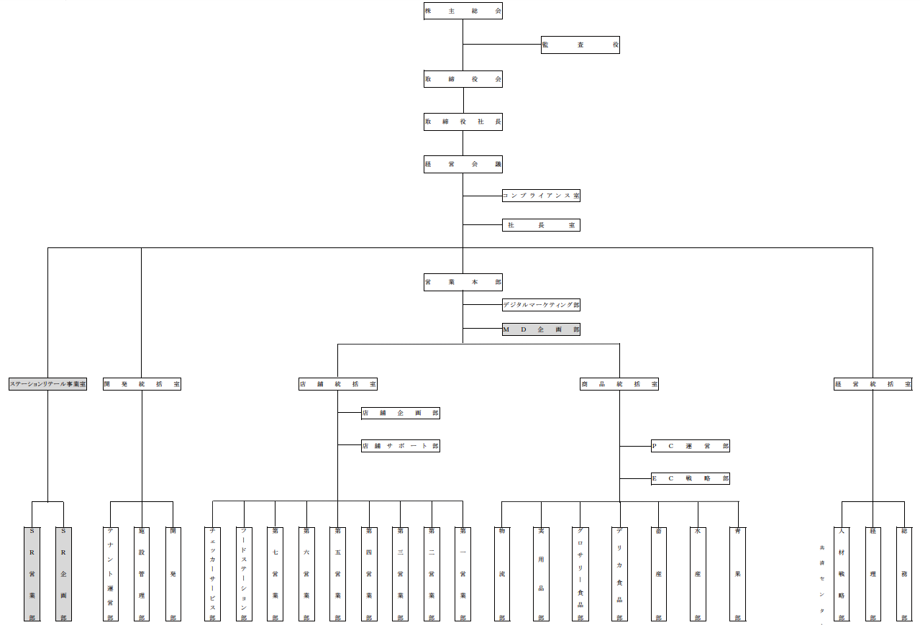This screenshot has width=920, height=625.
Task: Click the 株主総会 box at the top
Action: tap(463, 11)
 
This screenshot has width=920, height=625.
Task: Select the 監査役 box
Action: tap(580, 45)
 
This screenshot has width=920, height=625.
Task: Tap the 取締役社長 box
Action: tap(463, 122)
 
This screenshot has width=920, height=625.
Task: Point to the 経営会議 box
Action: tap(463, 165)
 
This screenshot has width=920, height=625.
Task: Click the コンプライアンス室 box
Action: tap(541, 195)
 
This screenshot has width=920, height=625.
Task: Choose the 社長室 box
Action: tap(541, 225)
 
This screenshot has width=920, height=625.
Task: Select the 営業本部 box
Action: tap(463, 283)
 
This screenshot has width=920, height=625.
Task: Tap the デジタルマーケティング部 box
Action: tap(541, 305)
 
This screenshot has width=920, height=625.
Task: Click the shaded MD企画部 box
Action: tap(541, 329)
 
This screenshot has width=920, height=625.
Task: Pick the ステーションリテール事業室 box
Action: tap(47, 384)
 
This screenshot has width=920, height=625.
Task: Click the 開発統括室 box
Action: tap(142, 384)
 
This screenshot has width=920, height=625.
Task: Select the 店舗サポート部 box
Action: tap(400, 446)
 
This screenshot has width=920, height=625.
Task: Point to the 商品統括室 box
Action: tap(619, 384)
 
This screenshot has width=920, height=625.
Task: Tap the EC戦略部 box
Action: tap(690, 478)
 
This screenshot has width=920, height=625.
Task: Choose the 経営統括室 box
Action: tap(873, 384)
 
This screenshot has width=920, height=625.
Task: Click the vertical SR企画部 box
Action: tap(63, 574)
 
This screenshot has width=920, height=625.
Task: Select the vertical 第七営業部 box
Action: tap(275, 574)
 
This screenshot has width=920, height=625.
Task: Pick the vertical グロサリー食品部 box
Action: tap(580, 574)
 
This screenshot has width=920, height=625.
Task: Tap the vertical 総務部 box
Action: tap(904, 574)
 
